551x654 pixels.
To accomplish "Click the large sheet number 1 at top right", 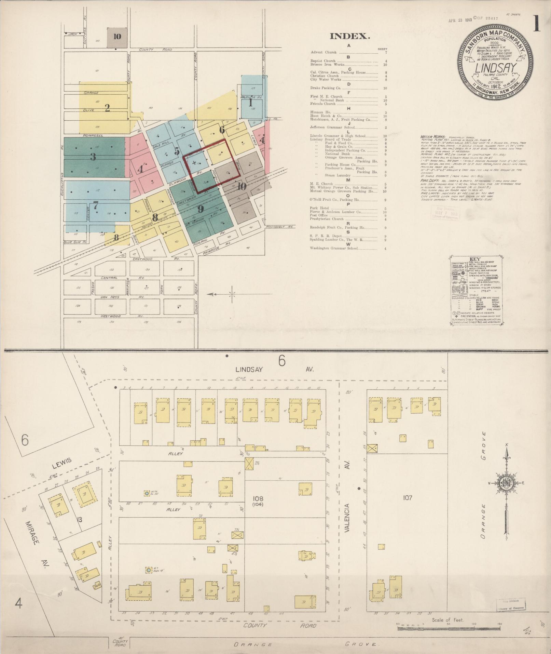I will tap(536, 24).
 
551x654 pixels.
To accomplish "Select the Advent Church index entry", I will tap(323, 52).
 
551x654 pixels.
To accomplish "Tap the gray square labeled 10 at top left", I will tap(117, 37).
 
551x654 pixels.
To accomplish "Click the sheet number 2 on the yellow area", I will tap(107, 108).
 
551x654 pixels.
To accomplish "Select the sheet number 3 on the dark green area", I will tap(93, 157).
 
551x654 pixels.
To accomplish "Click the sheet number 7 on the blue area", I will tap(96, 206).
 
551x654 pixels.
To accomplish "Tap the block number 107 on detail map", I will tap(407, 498).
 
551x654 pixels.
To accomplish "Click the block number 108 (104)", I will tap(258, 502).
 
